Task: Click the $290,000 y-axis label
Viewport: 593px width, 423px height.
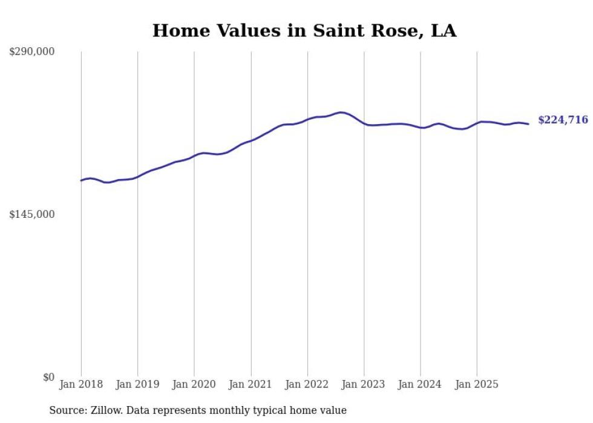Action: [x=31, y=52]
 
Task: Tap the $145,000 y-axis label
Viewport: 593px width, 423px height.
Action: [x=31, y=214]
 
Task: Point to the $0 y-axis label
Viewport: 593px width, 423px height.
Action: [x=48, y=377]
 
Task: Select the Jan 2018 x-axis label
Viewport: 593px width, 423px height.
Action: [x=81, y=384]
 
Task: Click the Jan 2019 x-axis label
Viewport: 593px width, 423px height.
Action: [x=137, y=384]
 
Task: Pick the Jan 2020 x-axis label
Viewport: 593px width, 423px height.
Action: [x=194, y=384]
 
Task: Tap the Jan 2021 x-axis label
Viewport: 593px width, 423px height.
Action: [x=251, y=384]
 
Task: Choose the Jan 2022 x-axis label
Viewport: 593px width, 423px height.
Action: [x=307, y=384]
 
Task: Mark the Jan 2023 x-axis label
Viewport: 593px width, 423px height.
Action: [x=364, y=384]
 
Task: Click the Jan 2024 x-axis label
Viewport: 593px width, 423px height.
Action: [x=421, y=384]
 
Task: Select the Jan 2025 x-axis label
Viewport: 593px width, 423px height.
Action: [x=477, y=384]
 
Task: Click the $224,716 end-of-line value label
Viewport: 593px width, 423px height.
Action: [x=563, y=120]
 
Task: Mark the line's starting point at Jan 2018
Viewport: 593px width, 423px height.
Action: [x=81, y=180]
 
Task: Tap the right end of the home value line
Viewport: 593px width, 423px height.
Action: [x=529, y=124]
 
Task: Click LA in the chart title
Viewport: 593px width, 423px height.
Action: [x=444, y=31]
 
